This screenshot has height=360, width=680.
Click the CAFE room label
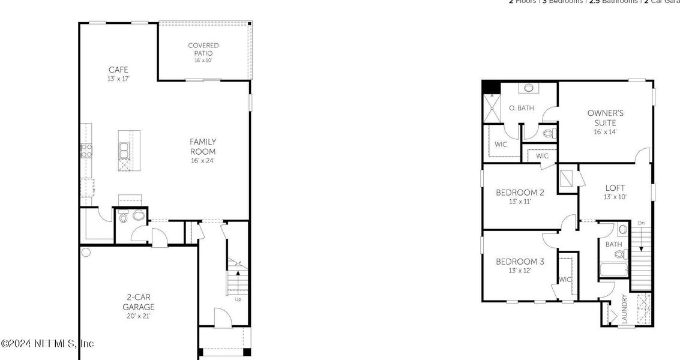tap(118, 70)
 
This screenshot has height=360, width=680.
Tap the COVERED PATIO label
tap(203, 49)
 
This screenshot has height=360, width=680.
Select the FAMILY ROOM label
tap(203, 146)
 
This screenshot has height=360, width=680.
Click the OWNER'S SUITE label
tap(605, 118)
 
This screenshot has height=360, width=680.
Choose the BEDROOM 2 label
tap(520, 193)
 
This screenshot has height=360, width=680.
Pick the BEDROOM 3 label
tap(520, 262)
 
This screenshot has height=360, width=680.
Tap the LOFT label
tap(615, 188)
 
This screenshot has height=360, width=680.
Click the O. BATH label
tap(521, 108)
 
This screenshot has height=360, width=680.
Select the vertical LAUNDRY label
tap(624, 309)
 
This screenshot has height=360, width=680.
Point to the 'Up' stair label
tap(238, 299)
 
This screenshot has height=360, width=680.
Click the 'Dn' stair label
tap(641, 223)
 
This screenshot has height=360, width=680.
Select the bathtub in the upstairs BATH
tap(613, 271)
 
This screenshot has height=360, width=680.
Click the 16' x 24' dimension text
tap(203, 160)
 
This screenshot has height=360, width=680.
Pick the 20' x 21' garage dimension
tap(139, 316)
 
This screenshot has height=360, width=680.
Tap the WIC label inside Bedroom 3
tap(565, 280)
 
